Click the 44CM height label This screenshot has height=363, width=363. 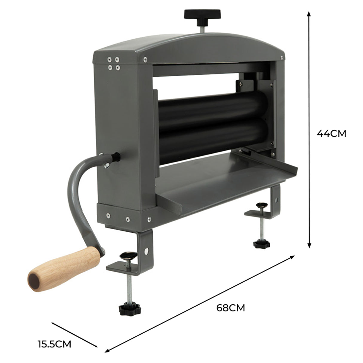[x=331, y=134]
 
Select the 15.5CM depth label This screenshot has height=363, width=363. [x=54, y=344]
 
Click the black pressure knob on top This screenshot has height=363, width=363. [x=202, y=14]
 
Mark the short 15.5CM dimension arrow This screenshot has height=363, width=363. [x=75, y=335]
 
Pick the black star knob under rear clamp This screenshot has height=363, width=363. [x=261, y=243]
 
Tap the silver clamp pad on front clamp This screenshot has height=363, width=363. [x=128, y=255]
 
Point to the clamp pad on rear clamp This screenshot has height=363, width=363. [x=261, y=205]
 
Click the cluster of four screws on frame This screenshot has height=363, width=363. [x=113, y=64]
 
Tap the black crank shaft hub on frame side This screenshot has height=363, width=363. [x=116, y=156]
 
